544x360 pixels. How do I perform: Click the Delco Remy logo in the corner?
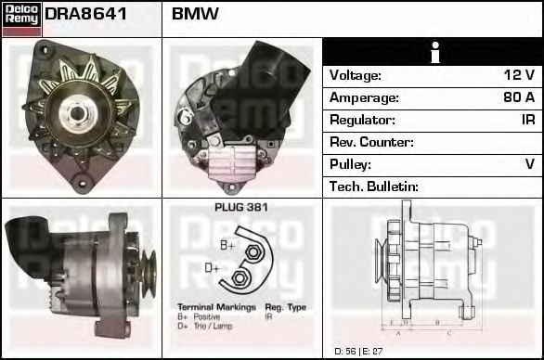coord(21,18)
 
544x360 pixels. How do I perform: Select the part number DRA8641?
coord(86,15)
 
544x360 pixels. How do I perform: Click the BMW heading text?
coord(195,15)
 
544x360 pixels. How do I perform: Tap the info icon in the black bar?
coord(433,52)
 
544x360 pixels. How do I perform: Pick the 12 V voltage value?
coord(519,75)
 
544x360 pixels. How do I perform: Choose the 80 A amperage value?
coord(519,97)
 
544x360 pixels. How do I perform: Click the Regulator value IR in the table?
coord(527,120)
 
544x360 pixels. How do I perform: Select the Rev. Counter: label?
coord(371,142)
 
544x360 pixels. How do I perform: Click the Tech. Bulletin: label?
coord(374,186)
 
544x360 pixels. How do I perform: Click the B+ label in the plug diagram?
coord(227,244)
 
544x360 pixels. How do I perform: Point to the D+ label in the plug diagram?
coord(212,269)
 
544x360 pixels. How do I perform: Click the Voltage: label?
coord(356,75)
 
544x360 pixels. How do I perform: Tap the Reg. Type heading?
coord(285,307)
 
